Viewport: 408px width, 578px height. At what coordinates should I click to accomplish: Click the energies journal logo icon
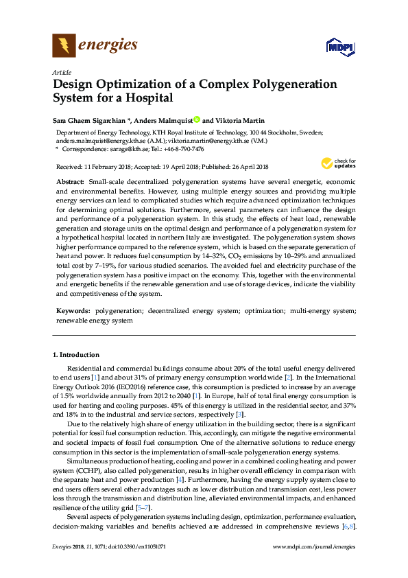[64, 46]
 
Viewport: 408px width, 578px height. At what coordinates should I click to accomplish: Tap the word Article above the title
[61, 71]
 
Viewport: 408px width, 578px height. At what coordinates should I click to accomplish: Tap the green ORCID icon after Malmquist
[197, 120]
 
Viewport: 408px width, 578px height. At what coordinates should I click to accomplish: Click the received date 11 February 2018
[110, 167]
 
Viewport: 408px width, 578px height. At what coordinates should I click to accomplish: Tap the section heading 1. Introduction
[76, 354]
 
